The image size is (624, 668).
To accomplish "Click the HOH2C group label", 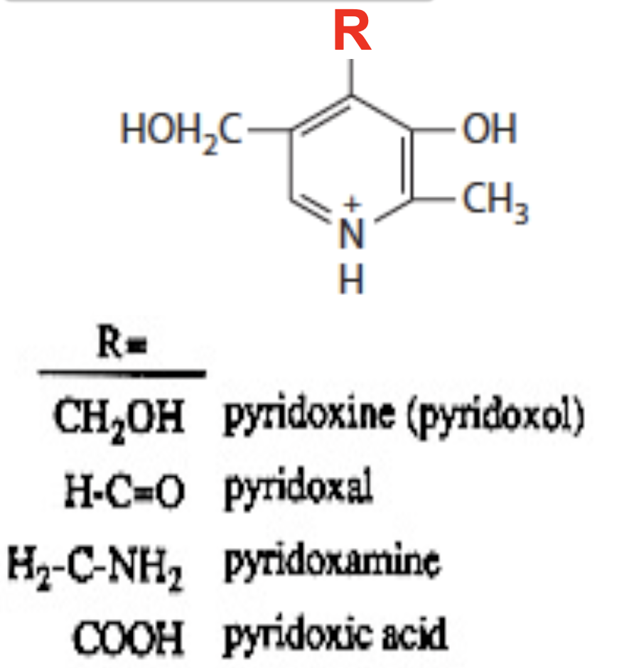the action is pos(181,131).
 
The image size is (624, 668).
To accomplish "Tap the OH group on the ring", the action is pos(489,130).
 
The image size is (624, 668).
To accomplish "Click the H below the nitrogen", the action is pos(351,281).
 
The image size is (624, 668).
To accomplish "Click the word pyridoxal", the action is pos(298,490).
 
